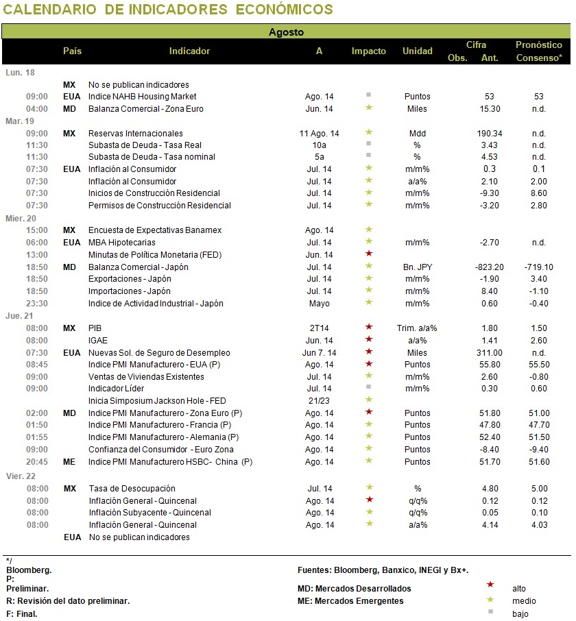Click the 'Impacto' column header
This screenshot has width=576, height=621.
point(368,51)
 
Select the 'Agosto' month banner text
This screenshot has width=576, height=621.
point(286,32)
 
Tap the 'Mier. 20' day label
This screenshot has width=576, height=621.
point(21,218)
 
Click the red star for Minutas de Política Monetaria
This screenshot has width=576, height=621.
point(369,253)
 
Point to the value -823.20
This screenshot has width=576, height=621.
point(489,267)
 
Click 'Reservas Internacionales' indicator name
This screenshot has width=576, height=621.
point(136,134)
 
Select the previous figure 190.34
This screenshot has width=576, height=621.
point(490,134)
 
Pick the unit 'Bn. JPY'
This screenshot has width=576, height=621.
point(418,267)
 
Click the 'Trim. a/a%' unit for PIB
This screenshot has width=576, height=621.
point(417,328)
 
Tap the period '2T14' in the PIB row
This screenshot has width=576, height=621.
point(320,328)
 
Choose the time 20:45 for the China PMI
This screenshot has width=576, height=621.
point(37,462)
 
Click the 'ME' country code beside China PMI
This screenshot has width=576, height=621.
point(69,462)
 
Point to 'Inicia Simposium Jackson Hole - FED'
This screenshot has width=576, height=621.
point(157,401)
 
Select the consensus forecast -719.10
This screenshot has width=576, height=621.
point(539,267)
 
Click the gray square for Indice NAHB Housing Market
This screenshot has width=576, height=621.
point(368,95)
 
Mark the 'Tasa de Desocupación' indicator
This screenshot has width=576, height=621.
point(132,488)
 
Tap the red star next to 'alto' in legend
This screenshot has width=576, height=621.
point(490,585)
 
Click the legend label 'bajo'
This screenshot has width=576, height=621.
point(520,614)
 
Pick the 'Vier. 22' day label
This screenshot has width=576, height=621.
point(21,476)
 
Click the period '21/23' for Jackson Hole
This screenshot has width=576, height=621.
point(319,401)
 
